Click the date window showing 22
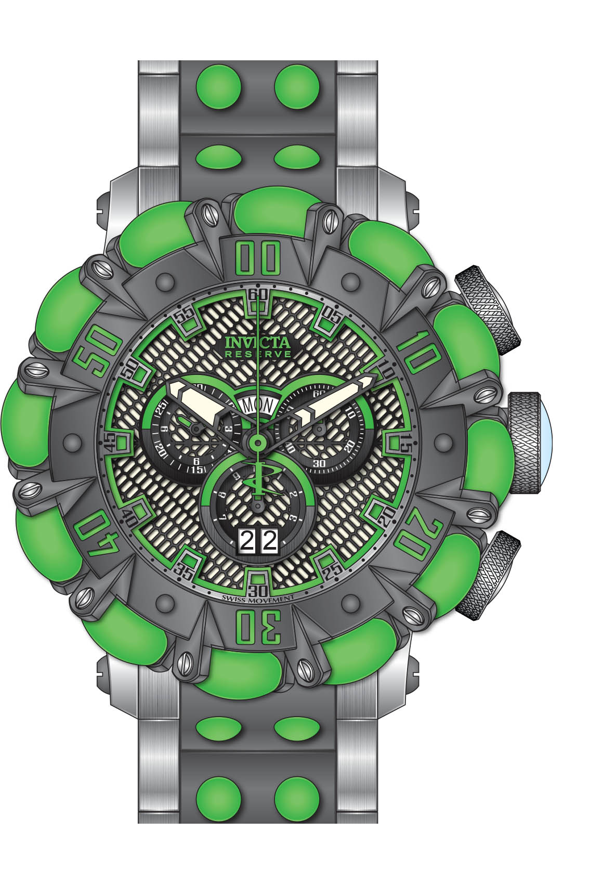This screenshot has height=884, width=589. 258,542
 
